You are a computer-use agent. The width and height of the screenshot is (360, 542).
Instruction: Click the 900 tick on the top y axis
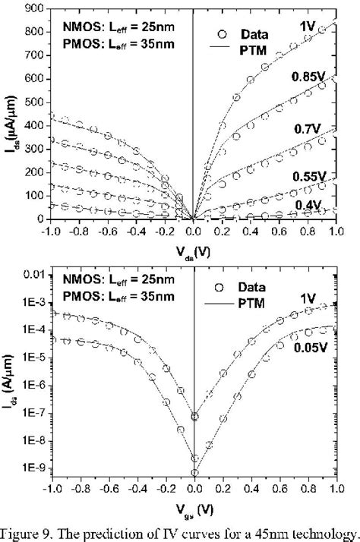(28, 10)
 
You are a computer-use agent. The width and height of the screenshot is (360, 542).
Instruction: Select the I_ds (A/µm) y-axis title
(9, 380)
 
